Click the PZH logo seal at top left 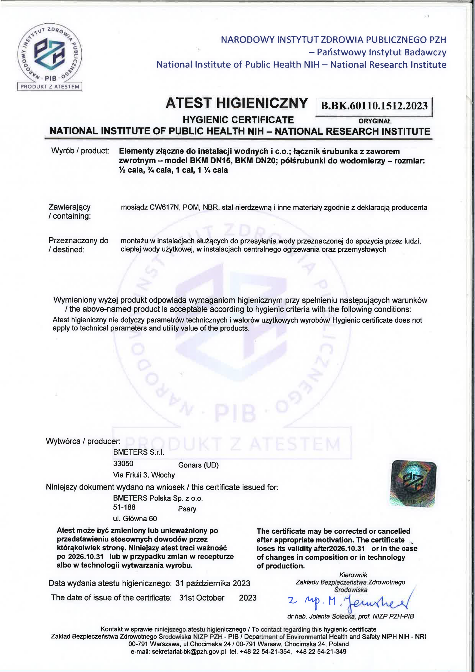(50, 53)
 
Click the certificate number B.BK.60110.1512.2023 (374, 106)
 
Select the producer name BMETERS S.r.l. (138, 452)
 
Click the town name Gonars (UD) (198, 465)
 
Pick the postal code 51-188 (124, 507)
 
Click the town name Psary (187, 509)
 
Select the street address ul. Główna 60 (135, 519)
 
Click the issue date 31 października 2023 (213, 583)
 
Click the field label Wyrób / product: (80, 151)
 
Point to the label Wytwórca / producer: (83, 441)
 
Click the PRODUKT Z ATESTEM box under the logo (50, 87)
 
